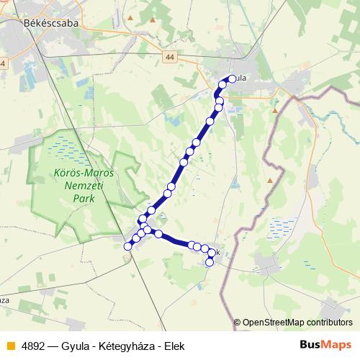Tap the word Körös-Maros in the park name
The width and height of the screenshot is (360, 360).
coord(78,173)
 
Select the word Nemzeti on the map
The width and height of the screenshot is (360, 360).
coord(78,185)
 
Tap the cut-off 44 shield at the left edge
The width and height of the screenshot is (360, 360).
coord(2,64)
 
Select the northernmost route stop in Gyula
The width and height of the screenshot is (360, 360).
coord(231,79)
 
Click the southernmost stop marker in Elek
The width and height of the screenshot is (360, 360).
coord(210,262)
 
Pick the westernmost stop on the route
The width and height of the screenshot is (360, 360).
coord(128,246)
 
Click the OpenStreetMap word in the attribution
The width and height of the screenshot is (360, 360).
coord(271,323)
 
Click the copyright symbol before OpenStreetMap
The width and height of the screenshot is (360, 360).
coord(238,323)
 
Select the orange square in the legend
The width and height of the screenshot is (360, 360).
coord(10,346)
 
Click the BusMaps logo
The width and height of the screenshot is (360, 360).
coord(325,345)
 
